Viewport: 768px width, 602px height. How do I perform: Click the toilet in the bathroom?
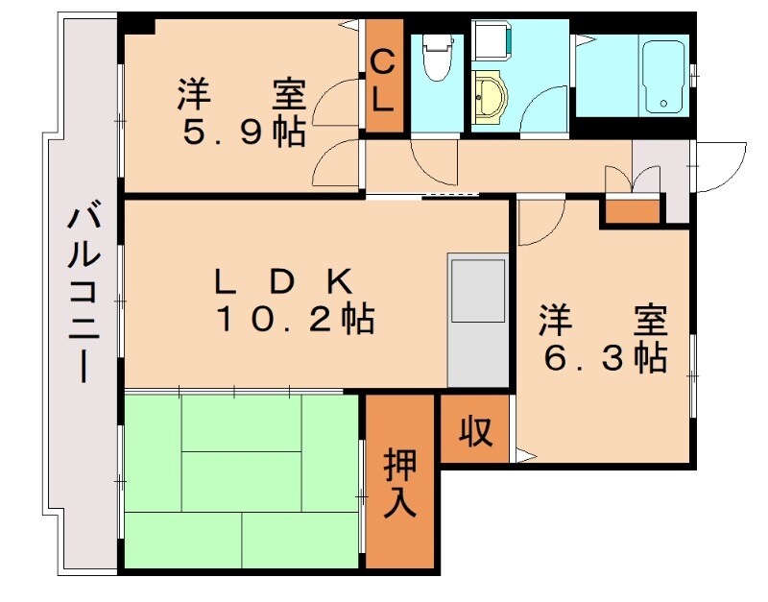coord(438,59)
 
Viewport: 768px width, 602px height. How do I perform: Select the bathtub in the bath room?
coord(662,77)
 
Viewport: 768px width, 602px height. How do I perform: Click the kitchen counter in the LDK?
coord(477,320)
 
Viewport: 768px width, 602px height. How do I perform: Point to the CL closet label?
coord(382,81)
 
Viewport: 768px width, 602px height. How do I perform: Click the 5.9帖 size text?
coord(244,132)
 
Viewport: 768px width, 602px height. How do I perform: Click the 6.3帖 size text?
coord(605,358)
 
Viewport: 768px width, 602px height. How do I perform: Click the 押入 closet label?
coord(399,485)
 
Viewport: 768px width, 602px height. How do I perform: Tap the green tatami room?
coord(240,480)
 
